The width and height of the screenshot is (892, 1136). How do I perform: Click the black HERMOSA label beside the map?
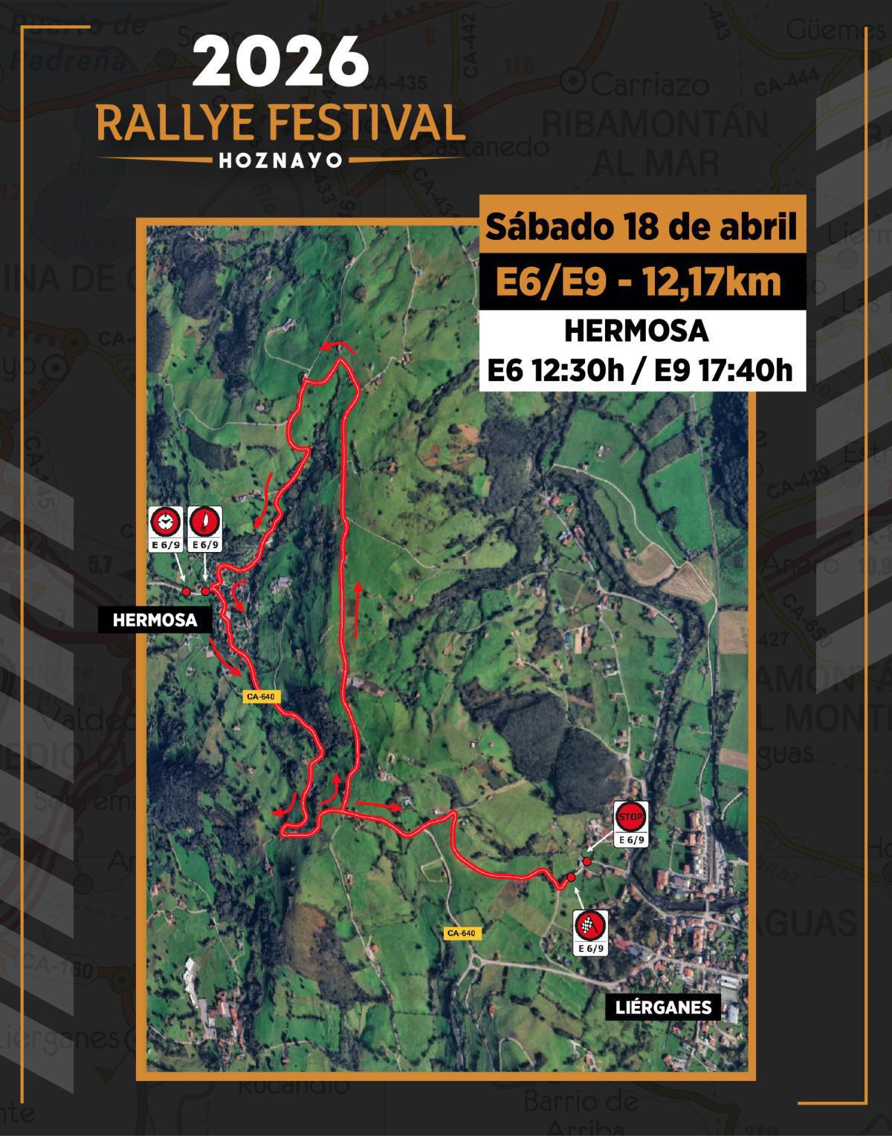155,620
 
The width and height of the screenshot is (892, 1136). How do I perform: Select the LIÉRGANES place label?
663,1007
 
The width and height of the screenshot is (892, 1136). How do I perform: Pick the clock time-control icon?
165,523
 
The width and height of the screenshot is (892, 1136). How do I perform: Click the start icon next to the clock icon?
205,523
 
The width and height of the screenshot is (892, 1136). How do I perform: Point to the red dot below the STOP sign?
586,861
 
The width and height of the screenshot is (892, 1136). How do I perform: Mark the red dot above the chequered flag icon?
571,878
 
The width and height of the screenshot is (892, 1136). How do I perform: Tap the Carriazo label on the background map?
643,84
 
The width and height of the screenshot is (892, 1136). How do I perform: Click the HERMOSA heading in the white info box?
636,331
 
